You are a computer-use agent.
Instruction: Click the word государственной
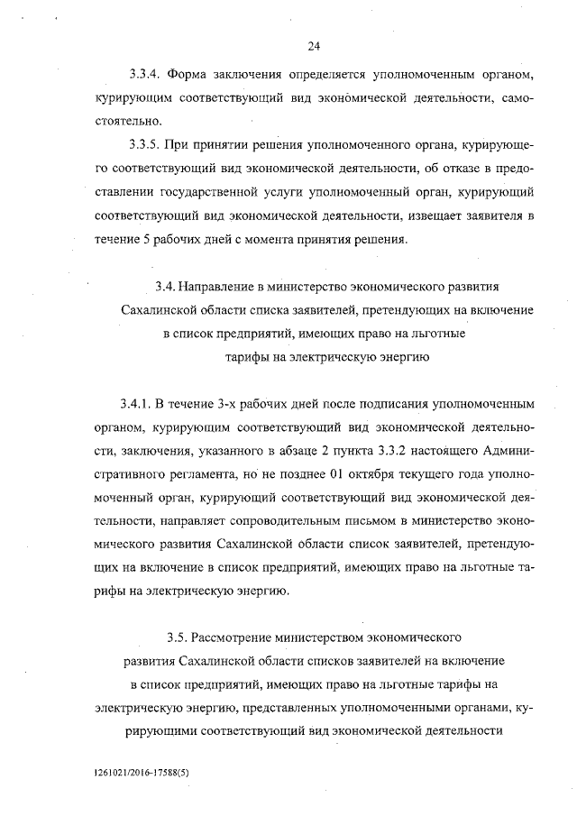tap(216, 193)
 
